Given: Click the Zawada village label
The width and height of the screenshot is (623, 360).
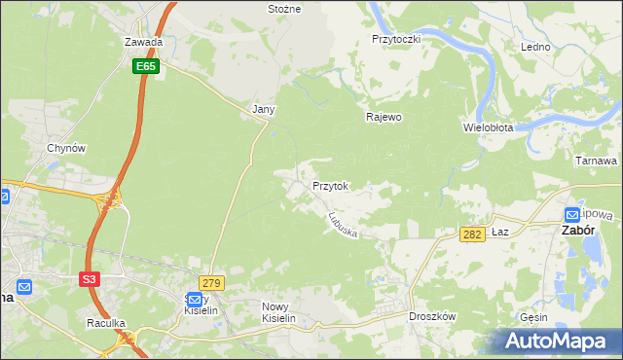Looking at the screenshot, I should (142, 43).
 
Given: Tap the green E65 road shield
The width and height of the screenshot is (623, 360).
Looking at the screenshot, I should (146, 65).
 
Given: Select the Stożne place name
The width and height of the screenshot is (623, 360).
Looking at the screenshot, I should (284, 8).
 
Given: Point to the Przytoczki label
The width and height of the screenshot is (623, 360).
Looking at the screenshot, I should (395, 39).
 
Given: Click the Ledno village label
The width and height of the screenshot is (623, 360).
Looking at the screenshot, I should (535, 47).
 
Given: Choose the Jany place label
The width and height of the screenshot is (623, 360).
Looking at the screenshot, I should (263, 109).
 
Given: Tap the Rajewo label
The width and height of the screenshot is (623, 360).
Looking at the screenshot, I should (384, 117).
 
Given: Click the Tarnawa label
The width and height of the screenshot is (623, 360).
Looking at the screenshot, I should (597, 161).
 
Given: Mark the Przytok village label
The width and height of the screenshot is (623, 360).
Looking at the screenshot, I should (330, 185).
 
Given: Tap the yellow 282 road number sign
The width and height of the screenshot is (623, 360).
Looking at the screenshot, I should (472, 234).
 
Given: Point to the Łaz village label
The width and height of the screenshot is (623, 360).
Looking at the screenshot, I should (500, 233).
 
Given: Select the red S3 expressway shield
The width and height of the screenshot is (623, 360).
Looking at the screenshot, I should (90, 279).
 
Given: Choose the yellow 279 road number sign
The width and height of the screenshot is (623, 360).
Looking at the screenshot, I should (213, 283).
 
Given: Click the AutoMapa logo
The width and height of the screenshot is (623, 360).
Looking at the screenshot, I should (559, 341).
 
